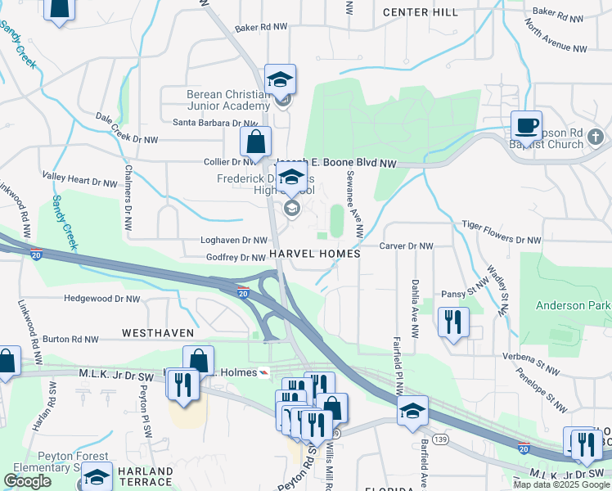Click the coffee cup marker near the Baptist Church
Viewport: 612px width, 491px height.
[x=526, y=127]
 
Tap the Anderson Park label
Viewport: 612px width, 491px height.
[x=573, y=305]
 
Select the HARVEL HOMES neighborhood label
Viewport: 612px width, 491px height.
[x=314, y=255]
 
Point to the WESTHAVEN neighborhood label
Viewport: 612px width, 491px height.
[x=158, y=333]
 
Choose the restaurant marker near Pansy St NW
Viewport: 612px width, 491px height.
[x=453, y=322]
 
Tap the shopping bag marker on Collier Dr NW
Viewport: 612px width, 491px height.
[x=255, y=141]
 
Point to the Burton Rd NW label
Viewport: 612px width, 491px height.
[x=70, y=338]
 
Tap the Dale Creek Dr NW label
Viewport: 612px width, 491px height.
[x=127, y=128]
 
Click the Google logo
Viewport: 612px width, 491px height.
[x=27, y=481]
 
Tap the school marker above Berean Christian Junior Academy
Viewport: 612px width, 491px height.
[x=280, y=79]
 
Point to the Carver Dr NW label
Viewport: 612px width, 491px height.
[x=406, y=245]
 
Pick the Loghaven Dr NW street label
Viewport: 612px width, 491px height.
[x=235, y=241]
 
